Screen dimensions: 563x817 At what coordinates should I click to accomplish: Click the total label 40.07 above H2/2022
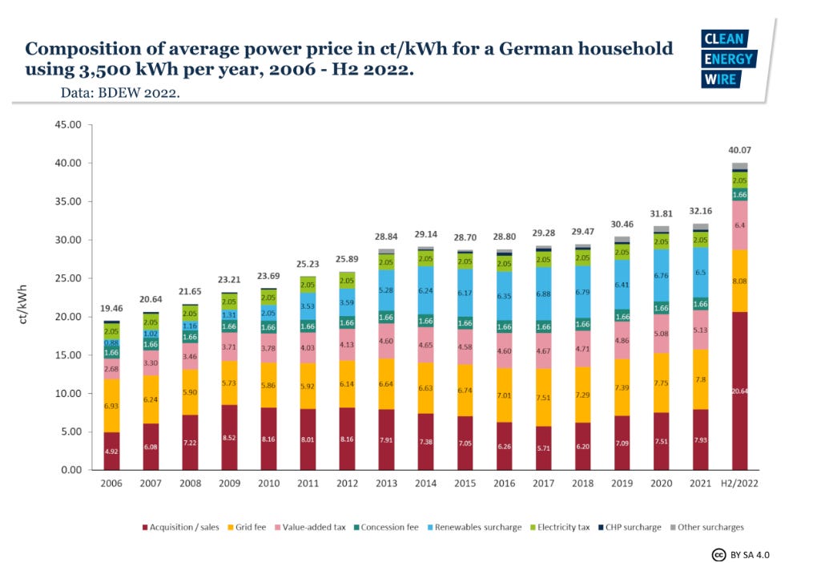[739, 150]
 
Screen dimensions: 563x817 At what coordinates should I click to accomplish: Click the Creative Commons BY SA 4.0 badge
[741, 554]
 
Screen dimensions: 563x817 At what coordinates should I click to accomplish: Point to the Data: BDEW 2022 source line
[120, 93]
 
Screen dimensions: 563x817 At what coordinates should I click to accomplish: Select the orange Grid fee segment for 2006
[111, 406]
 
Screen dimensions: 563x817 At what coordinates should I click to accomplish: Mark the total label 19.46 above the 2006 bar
[111, 308]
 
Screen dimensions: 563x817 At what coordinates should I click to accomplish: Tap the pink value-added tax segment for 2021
[700, 330]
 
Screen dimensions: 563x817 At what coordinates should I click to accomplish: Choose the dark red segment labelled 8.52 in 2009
[229, 437]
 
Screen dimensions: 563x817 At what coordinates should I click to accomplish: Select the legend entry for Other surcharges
[710, 527]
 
